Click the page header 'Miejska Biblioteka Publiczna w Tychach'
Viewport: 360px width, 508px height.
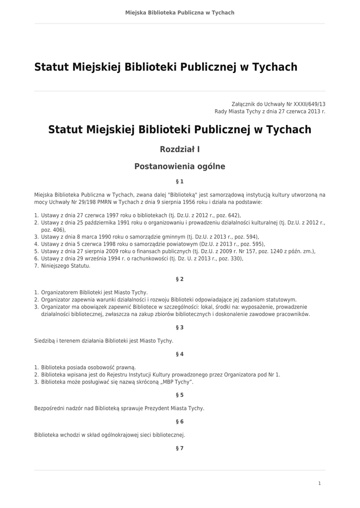click(x=180, y=12)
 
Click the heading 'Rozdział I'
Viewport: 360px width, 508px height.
click(x=180, y=149)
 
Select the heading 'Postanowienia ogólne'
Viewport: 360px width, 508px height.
click(x=180, y=167)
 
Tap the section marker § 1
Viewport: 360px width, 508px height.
click(x=180, y=182)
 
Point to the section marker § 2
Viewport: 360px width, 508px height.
click(x=180, y=279)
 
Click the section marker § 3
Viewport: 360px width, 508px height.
click(x=180, y=327)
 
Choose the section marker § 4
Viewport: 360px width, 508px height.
click(x=180, y=354)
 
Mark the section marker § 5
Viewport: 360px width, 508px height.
click(x=180, y=395)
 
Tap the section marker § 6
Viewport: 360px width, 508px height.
click(x=180, y=422)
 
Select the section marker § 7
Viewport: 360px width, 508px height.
click(x=180, y=448)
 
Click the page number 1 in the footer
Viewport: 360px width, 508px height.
click(x=320, y=483)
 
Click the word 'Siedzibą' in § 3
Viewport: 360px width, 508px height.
click(x=45, y=341)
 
